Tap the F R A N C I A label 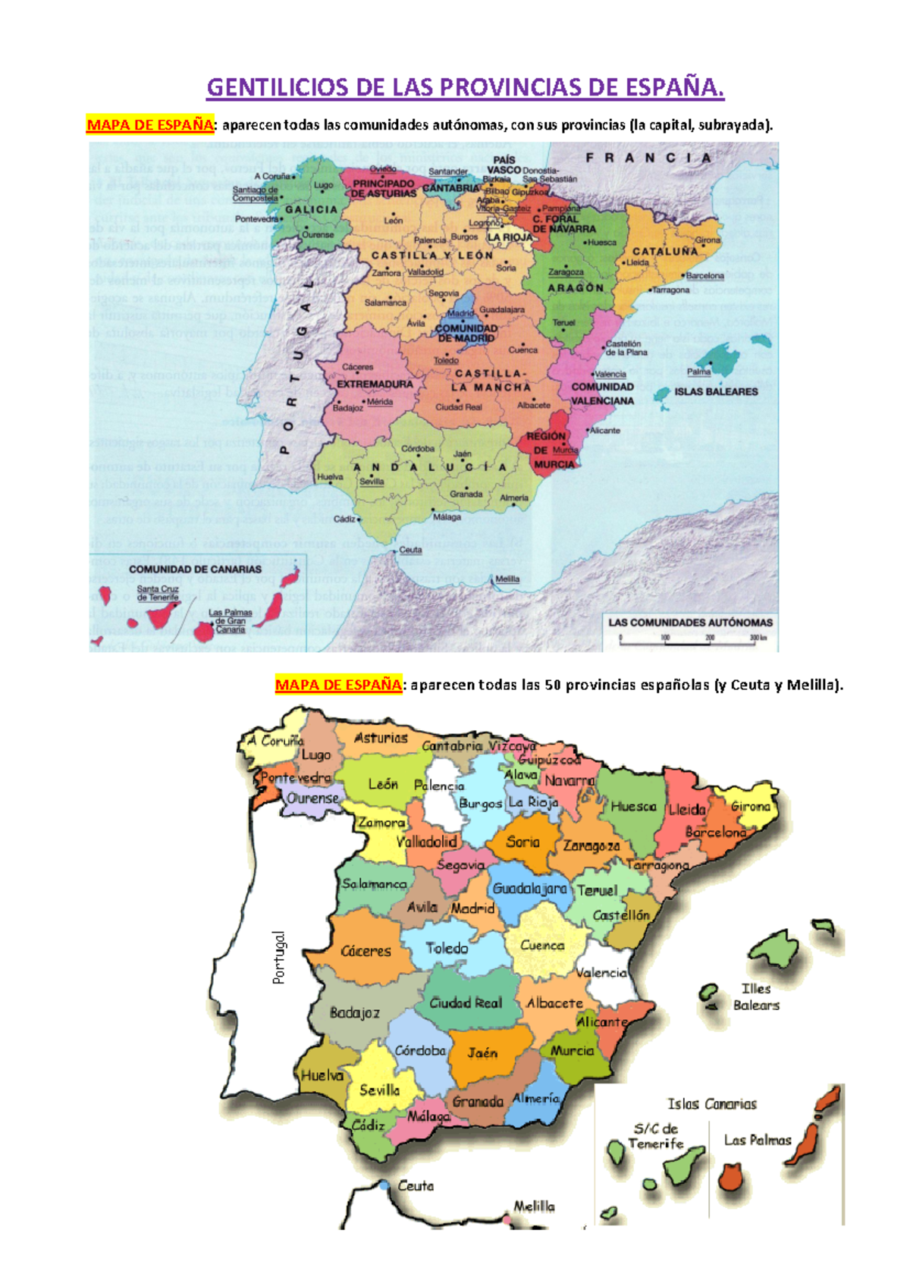point(648,158)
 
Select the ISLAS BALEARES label point(716,392)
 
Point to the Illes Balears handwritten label point(755,996)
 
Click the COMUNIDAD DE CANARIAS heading point(195,569)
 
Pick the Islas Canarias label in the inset point(711,1104)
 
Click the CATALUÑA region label point(664,251)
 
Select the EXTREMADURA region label point(375,384)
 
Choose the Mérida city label point(379,402)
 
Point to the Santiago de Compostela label point(255,194)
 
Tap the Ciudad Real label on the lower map point(466,1002)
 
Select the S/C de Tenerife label point(655,1136)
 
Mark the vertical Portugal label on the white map point(279,958)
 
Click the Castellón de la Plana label point(625,348)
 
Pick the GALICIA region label point(311,210)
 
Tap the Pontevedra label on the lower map point(296,778)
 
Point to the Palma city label point(698,372)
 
